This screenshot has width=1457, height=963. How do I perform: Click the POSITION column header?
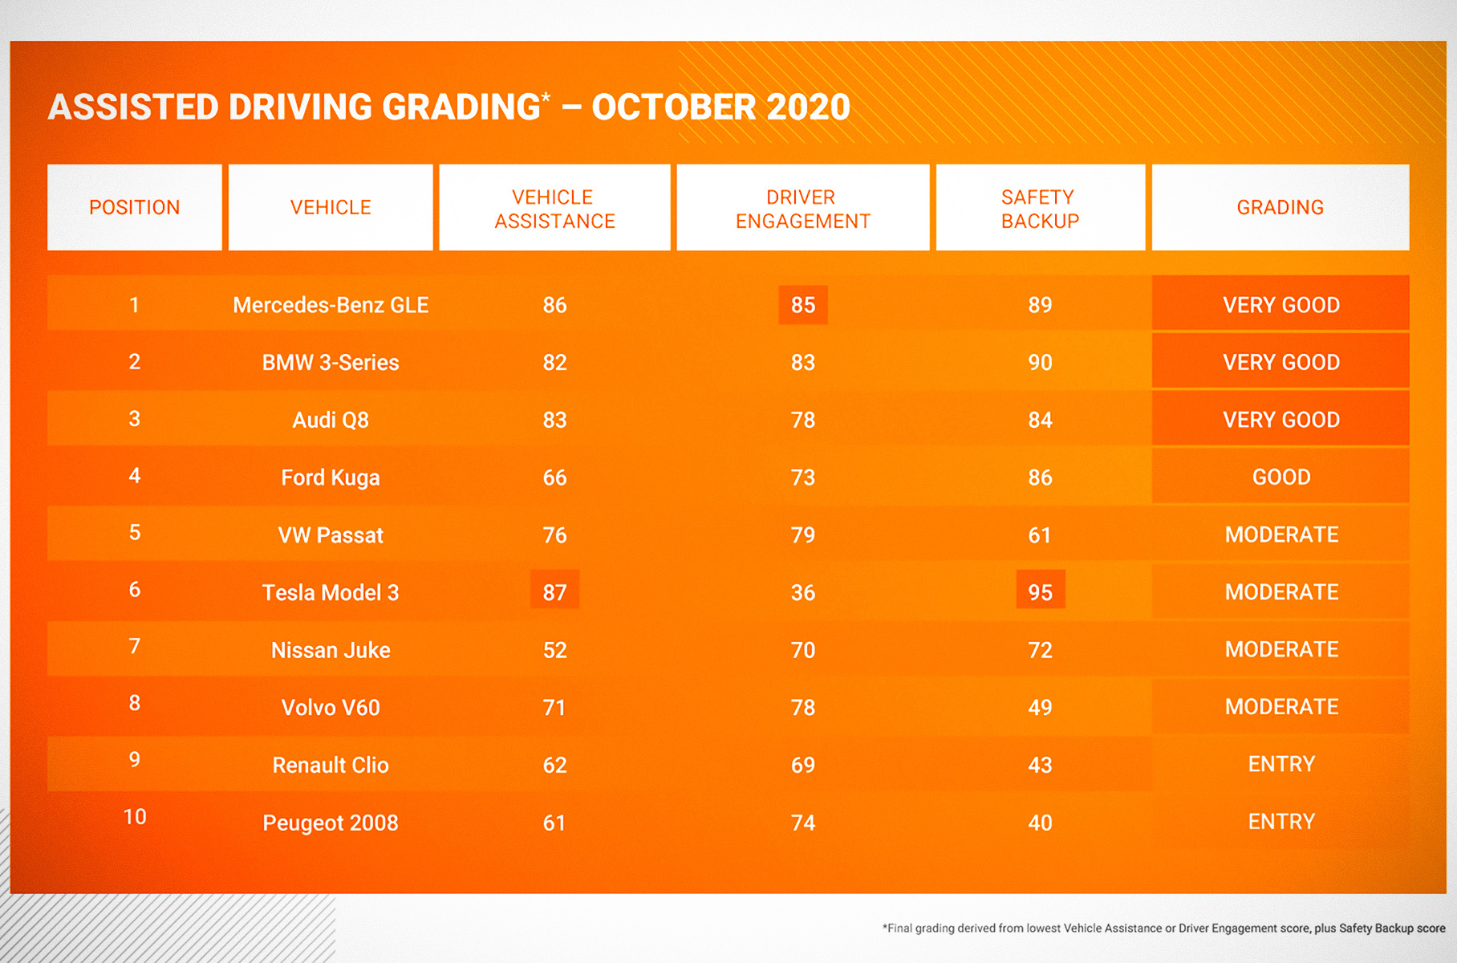click(x=134, y=207)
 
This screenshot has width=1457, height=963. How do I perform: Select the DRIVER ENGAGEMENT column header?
click(x=802, y=209)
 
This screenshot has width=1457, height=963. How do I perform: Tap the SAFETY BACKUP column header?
click(x=1040, y=209)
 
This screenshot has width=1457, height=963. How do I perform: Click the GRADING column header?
click(x=1280, y=207)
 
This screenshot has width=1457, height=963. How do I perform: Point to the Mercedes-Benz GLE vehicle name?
click(x=331, y=305)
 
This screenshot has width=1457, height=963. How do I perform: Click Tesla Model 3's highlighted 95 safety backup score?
click(x=1040, y=591)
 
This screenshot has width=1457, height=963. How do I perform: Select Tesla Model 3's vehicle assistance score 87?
click(x=554, y=591)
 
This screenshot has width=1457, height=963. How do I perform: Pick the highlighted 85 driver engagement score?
click(x=802, y=305)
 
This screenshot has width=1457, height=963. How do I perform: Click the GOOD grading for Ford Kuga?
click(x=1280, y=477)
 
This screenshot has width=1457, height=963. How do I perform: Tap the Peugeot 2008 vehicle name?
click(x=331, y=823)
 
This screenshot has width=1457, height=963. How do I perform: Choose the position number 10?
click(x=134, y=817)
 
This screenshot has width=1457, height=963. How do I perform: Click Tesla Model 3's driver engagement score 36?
click(x=802, y=592)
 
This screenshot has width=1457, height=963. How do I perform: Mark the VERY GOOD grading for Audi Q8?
click(x=1280, y=419)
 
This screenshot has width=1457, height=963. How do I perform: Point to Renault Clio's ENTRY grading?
click(x=1280, y=764)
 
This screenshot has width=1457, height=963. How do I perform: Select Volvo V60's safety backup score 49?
click(x=1040, y=707)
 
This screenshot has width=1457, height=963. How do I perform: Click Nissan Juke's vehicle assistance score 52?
click(x=554, y=650)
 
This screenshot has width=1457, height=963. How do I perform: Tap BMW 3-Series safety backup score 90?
click(x=1040, y=362)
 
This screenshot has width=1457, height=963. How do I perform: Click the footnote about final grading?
click(x=1163, y=928)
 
